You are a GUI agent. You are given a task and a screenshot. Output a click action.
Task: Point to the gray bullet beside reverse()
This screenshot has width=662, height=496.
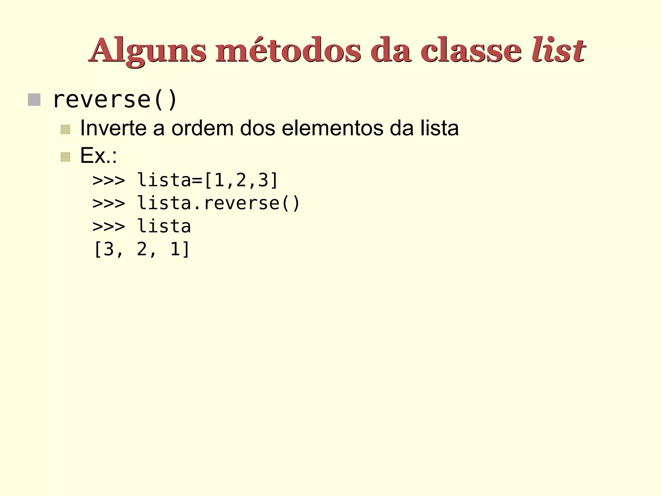(x=34, y=100)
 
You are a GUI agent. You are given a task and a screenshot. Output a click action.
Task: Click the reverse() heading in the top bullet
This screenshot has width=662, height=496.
(x=115, y=99)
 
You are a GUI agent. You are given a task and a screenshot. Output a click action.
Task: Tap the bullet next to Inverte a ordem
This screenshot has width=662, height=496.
(x=65, y=129)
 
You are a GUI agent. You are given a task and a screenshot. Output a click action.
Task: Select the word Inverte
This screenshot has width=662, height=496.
(x=113, y=128)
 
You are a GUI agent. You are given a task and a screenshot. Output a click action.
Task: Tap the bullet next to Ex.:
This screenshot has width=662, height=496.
(x=65, y=157)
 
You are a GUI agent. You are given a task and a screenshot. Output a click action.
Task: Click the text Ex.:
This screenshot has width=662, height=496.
(x=98, y=156)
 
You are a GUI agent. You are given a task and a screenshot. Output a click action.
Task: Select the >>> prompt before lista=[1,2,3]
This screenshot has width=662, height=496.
(x=109, y=180)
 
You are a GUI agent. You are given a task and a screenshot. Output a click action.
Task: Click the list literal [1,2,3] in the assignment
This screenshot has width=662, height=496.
(x=241, y=180)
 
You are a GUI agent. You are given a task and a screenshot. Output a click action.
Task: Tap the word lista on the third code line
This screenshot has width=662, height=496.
(x=164, y=226)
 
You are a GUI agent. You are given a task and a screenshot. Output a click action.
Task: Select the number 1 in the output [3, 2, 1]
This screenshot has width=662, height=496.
(x=175, y=250)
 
